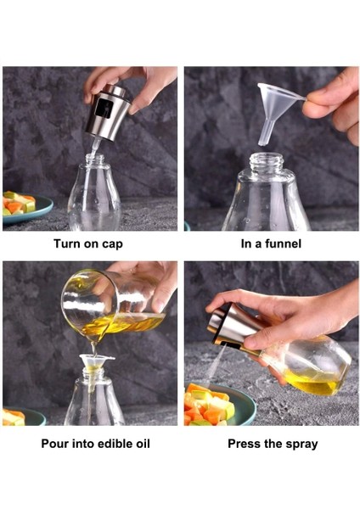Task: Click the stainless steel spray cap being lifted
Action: pos(108,112)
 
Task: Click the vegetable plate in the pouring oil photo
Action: pos(21,417)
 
